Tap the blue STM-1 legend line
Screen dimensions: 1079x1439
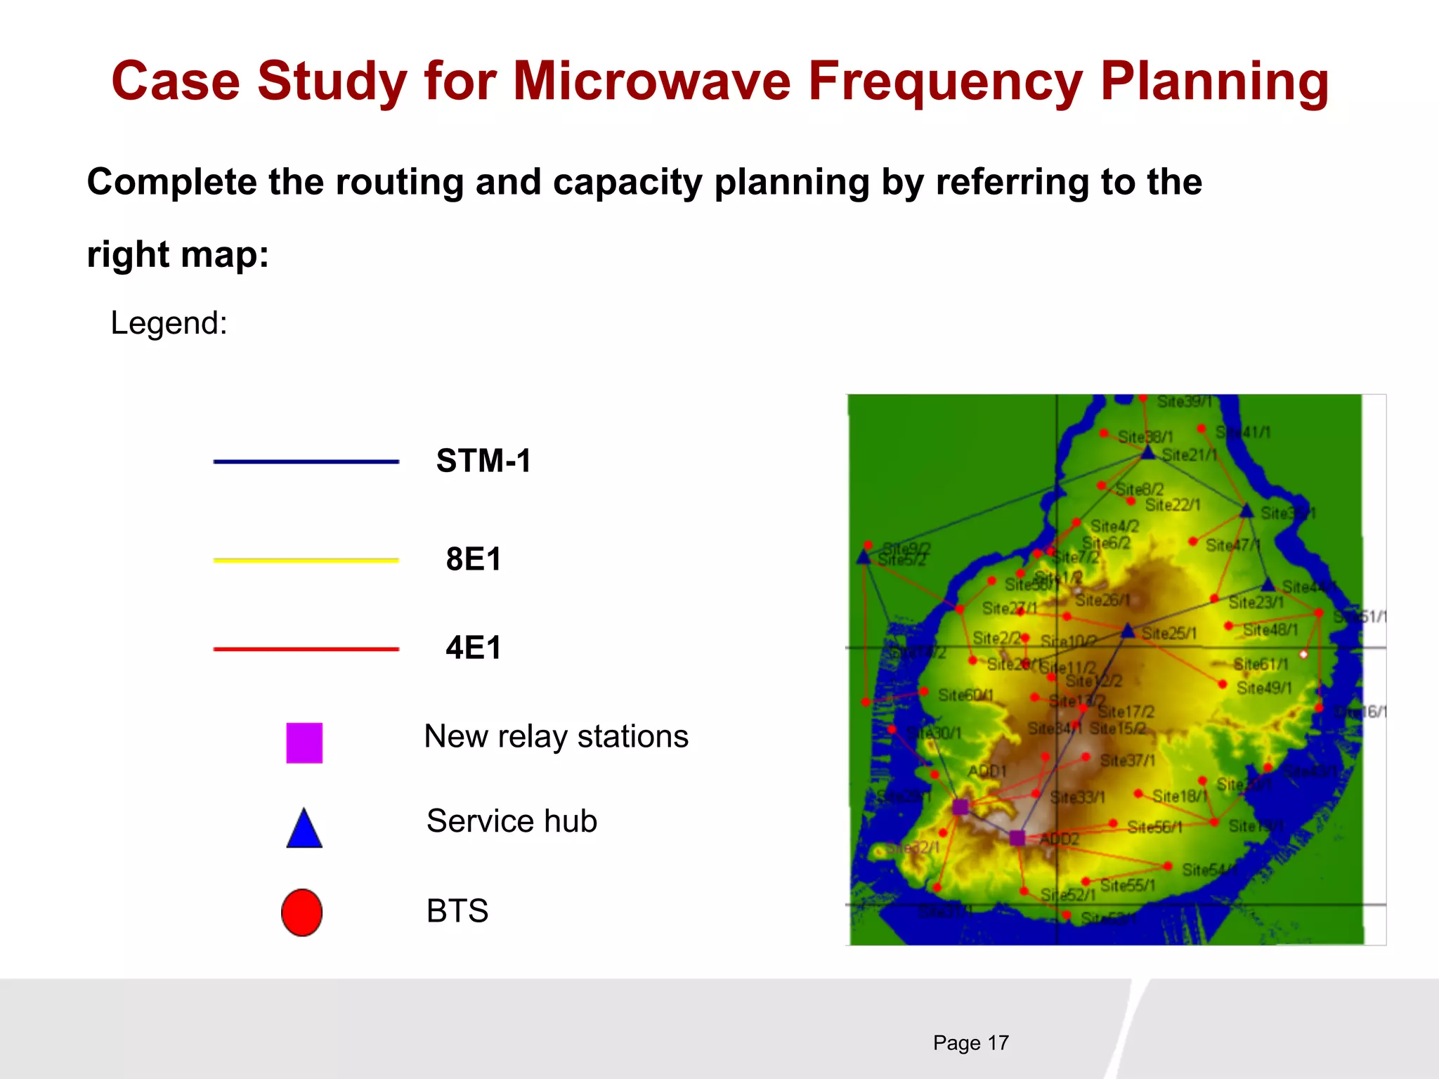pyautogui.click(x=306, y=462)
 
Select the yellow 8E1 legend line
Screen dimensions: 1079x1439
pyautogui.click(x=306, y=560)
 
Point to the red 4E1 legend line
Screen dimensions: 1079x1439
pyautogui.click(x=306, y=649)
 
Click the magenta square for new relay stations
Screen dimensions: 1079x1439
pyautogui.click(x=304, y=743)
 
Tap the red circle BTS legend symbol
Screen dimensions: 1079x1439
pyautogui.click(x=302, y=913)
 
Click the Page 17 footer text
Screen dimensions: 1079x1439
pyautogui.click(x=970, y=1042)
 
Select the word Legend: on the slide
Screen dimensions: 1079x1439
pyautogui.click(x=169, y=323)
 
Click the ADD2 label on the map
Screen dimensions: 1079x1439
pyautogui.click(x=1059, y=839)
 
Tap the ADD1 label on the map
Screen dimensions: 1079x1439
pyautogui.click(x=987, y=771)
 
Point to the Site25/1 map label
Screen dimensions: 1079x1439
pyautogui.click(x=1169, y=634)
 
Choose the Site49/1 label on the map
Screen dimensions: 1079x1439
pyautogui.click(x=1264, y=688)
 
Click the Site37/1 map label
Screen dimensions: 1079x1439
pyautogui.click(x=1128, y=760)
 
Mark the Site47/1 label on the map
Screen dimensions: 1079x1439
pyautogui.click(x=1233, y=545)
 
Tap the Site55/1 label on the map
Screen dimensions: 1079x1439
pyautogui.click(x=1128, y=885)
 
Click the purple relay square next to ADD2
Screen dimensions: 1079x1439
pyautogui.click(x=1017, y=837)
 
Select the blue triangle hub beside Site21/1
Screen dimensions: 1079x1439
pyautogui.click(x=1148, y=452)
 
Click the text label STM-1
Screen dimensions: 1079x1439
pyautogui.click(x=483, y=461)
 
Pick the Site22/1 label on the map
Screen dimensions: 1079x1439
pyautogui.click(x=1173, y=505)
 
